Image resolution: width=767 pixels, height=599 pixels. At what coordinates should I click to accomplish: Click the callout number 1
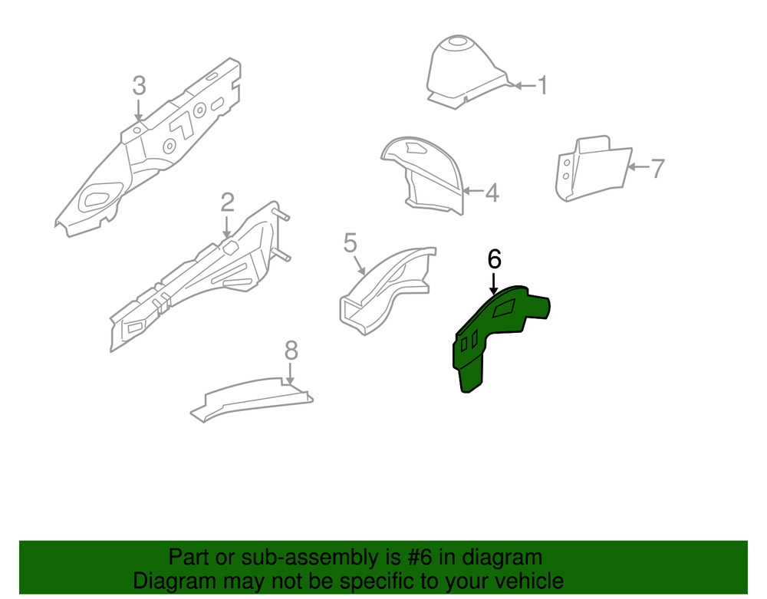coord(542,85)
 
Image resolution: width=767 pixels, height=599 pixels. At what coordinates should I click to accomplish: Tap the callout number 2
coord(227,202)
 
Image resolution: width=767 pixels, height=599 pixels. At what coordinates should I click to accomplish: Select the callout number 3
coord(139,85)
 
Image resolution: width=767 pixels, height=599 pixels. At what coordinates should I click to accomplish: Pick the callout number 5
coord(350,244)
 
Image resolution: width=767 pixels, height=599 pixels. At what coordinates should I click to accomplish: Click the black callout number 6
coord(494,259)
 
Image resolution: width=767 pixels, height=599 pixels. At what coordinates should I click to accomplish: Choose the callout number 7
coord(657,168)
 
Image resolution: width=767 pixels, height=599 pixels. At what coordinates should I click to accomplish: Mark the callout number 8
coord(291,351)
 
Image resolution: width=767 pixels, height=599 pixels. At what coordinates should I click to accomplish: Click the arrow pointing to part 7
coord(637,167)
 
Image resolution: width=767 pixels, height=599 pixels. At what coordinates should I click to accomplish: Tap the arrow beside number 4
coord(473,192)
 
